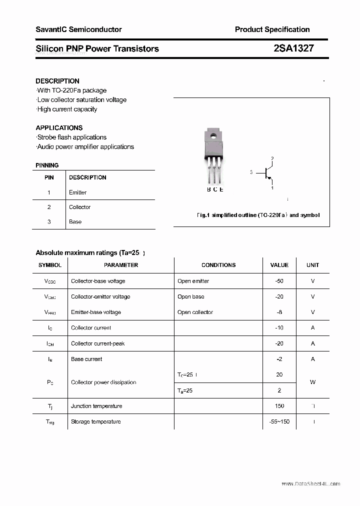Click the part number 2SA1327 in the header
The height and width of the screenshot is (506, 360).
pyautogui.click(x=293, y=48)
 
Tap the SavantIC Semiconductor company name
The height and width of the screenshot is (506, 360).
pyautogui.click(x=78, y=29)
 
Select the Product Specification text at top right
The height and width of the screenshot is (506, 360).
pyautogui.click(x=272, y=29)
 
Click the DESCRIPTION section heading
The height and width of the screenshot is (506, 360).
pyautogui.click(x=57, y=81)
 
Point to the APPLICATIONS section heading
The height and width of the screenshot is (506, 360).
pyautogui.click(x=59, y=127)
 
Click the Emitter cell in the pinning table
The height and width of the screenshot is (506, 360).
pyautogui.click(x=77, y=192)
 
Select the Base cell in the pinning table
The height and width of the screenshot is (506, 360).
pyautogui.click(x=75, y=221)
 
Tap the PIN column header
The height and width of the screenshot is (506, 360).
pyautogui.click(x=49, y=177)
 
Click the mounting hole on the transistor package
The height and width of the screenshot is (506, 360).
pyautogui.click(x=212, y=134)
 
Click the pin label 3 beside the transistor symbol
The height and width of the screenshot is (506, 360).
pyautogui.click(x=251, y=172)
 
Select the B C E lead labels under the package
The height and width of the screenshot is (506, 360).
pyautogui.click(x=215, y=189)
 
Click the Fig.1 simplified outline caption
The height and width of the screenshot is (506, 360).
pyautogui.click(x=257, y=215)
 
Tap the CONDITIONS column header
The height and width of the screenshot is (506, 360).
pyautogui.click(x=218, y=265)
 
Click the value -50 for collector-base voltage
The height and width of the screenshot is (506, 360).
pyautogui.click(x=279, y=281)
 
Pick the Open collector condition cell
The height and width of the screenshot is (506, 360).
pyautogui.click(x=195, y=312)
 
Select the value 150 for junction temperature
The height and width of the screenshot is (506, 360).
pyautogui.click(x=279, y=406)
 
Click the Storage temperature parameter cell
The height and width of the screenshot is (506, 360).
pyautogui.click(x=95, y=421)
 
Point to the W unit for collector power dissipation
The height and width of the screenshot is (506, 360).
pyautogui.click(x=312, y=382)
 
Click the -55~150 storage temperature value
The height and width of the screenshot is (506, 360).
pyautogui.click(x=279, y=421)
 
